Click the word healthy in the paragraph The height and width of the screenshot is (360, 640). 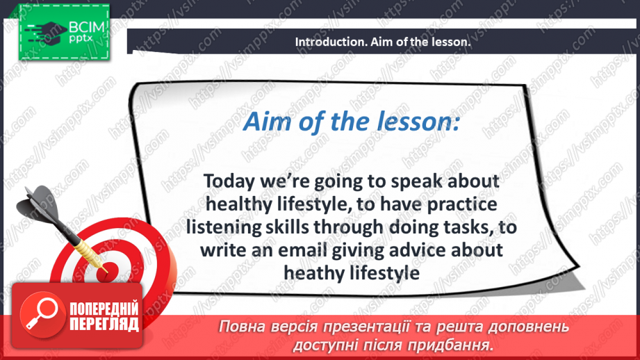click(x=239, y=204)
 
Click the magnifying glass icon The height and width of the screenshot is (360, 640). click(x=42, y=314)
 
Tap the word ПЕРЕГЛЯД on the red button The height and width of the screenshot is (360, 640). click(x=104, y=325)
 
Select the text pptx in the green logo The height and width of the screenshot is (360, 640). click(x=81, y=39)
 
